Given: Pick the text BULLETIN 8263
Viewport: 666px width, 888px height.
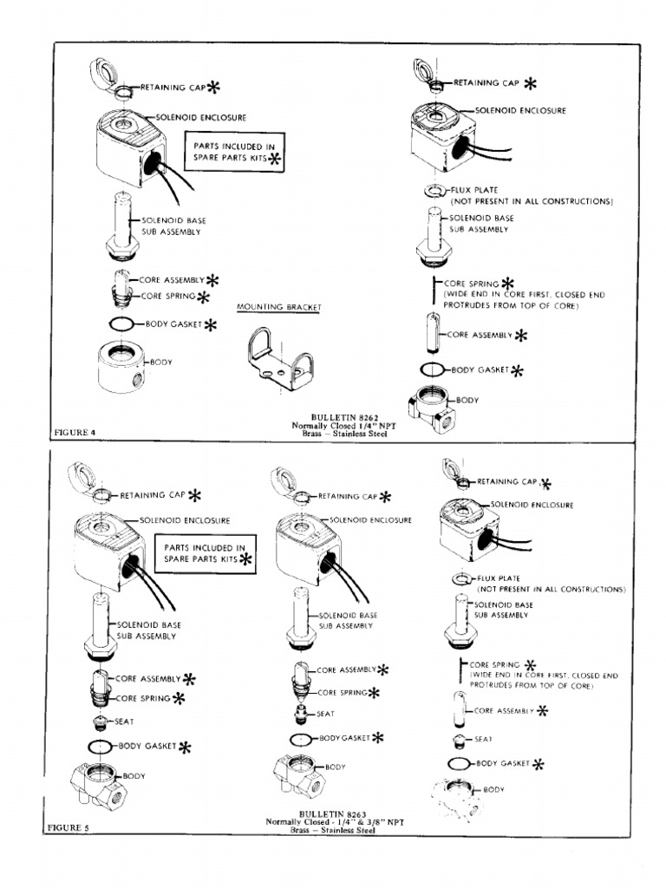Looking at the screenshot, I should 334,813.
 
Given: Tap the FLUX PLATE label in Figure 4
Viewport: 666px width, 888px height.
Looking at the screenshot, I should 473,189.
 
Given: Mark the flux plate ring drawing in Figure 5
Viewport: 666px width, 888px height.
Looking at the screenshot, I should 460,578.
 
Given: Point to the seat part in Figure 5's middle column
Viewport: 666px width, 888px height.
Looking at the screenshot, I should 303,714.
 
